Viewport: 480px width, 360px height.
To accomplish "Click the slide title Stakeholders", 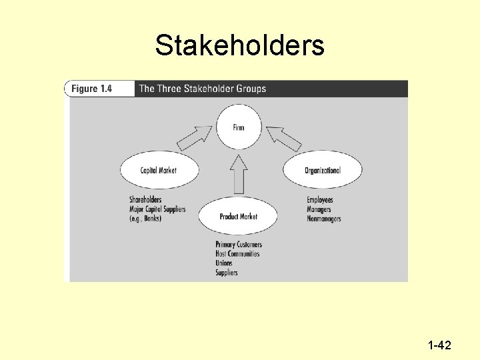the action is [239, 45].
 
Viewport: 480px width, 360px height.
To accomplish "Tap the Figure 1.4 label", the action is [91, 89].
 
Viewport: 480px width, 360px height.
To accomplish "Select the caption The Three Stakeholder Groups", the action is [202, 89].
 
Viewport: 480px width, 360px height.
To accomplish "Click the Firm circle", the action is [239, 127].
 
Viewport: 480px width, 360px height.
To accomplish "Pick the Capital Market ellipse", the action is [159, 170].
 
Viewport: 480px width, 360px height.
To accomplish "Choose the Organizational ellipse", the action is [323, 170].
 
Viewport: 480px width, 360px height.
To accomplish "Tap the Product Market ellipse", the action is [239, 216].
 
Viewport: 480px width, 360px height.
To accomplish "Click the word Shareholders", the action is [145, 199].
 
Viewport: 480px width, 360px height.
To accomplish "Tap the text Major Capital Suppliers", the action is [157, 209].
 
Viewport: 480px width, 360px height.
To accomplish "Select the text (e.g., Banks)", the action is [145, 219].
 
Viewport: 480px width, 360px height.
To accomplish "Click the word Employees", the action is [320, 199].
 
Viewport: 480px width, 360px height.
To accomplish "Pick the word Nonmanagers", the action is [324, 219].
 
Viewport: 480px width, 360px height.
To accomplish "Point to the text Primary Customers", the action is [239, 245].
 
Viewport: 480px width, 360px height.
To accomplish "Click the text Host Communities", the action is [237, 254].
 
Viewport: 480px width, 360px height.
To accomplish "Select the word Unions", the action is [224, 263].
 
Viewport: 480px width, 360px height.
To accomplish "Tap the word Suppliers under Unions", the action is [227, 273].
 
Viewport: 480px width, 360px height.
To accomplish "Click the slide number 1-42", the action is [439, 345].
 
